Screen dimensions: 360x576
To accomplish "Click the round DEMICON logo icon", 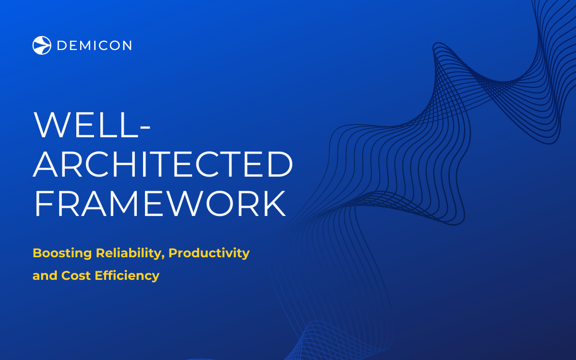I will click(42, 45).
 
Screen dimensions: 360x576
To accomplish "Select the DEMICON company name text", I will click(94, 45).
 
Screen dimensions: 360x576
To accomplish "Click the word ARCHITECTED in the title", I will click(163, 164).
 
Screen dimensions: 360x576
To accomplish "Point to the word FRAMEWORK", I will click(160, 203).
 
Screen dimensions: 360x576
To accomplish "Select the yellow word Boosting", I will click(62, 253).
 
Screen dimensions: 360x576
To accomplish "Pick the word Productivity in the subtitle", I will click(209, 253).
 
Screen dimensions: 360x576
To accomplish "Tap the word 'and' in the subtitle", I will click(45, 275).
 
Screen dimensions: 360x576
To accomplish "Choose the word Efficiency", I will click(127, 275).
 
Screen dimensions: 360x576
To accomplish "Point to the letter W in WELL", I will click(51, 125).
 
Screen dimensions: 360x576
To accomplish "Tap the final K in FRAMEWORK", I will click(273, 203).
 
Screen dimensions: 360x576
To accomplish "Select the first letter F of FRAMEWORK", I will click(44, 203).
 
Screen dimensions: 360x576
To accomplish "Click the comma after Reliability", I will click(164, 258).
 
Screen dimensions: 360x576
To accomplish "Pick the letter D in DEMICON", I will click(63, 45).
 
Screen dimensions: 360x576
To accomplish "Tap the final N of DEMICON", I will click(126, 45).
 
